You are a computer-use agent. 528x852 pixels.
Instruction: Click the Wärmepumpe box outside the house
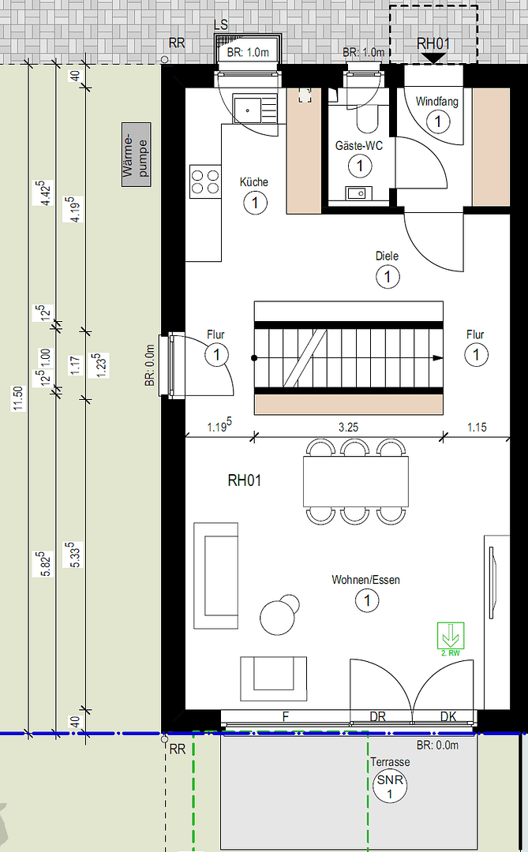click(x=136, y=155)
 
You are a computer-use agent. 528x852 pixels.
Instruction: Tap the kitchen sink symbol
click(x=254, y=109)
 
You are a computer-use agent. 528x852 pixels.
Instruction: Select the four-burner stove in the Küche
click(x=205, y=181)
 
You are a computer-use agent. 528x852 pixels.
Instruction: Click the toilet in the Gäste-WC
click(x=367, y=119)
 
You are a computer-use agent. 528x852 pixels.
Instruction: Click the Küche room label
click(x=254, y=182)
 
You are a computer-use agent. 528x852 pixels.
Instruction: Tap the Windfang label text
click(x=436, y=102)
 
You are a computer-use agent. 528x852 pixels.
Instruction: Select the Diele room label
click(x=388, y=256)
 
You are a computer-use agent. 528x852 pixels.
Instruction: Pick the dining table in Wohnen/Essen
click(x=356, y=482)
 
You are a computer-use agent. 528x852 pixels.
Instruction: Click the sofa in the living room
click(x=216, y=576)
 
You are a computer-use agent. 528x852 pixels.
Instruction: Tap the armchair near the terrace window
click(x=274, y=678)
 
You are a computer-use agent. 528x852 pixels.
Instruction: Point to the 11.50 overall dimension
click(x=18, y=398)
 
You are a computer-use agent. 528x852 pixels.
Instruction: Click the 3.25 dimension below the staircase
click(x=349, y=428)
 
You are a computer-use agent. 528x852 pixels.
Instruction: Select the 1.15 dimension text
click(x=477, y=428)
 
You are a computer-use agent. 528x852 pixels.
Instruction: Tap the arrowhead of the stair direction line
click(x=438, y=358)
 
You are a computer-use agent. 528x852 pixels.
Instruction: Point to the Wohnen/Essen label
click(x=365, y=580)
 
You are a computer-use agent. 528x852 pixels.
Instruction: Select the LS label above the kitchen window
click(x=221, y=25)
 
